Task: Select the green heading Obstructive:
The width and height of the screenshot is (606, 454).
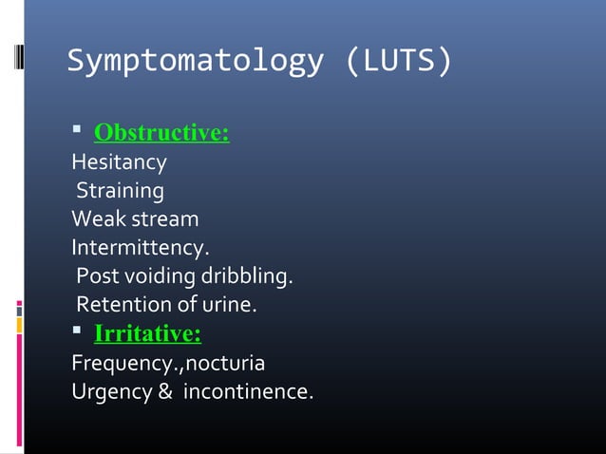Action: coord(161,133)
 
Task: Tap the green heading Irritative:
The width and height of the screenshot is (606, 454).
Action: coord(147,334)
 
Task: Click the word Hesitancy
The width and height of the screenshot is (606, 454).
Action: coord(119,162)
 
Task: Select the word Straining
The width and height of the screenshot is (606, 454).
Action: coord(120,191)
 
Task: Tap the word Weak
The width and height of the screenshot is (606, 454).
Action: coord(93,219)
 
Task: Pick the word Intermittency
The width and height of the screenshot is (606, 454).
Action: coord(139,249)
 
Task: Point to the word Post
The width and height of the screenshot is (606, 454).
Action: coord(97,277)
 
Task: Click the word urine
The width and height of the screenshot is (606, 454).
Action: coord(230,306)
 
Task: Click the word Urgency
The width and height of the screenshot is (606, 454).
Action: coord(105,392)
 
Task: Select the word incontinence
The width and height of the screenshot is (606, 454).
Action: coord(246,392)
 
